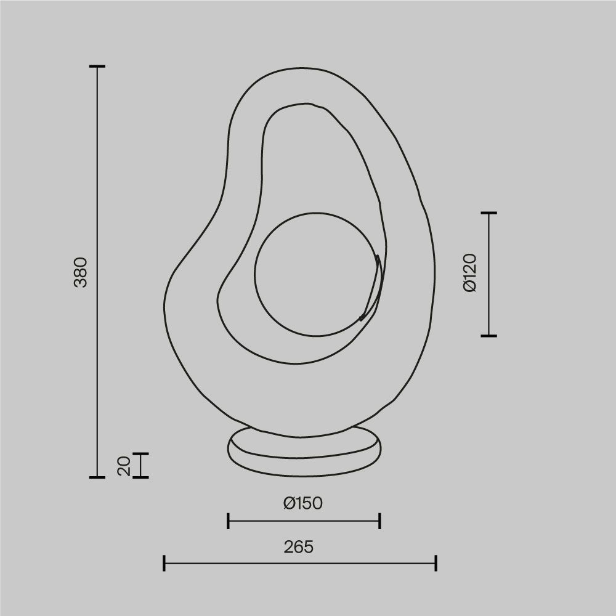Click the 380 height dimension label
pos(81,272)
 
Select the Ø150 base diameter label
pos(303,503)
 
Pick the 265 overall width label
pos(299,546)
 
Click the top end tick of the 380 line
pos(97,66)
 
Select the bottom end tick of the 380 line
pos(97,477)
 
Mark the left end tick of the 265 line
pos(164,562)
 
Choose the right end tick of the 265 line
pos(436,562)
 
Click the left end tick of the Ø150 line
pos(229,521)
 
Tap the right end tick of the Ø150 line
pos(379,521)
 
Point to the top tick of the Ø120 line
pos(488,213)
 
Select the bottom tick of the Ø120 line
pos(488,336)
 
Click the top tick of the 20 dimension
pos(141,453)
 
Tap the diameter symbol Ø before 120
pos(469,286)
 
